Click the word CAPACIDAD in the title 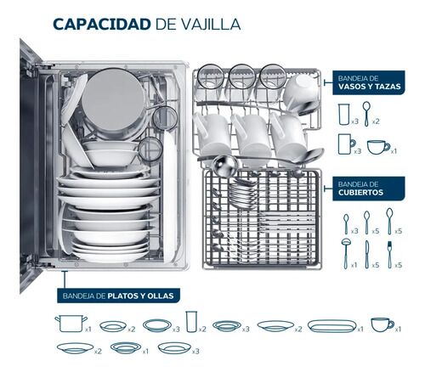(102, 24)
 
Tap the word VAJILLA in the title (211, 25)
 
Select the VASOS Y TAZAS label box (369, 82)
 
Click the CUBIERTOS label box (369, 189)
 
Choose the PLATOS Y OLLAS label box (118, 296)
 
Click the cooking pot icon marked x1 (71, 324)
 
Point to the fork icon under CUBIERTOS (390, 254)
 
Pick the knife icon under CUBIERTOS (367, 254)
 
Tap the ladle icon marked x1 (346, 253)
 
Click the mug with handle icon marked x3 (347, 144)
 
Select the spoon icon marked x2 (366, 114)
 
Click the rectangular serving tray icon (331, 326)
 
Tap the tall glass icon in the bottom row (191, 322)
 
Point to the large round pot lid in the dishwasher (113, 100)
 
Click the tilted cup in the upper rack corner (301, 93)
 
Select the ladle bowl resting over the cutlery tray (225, 165)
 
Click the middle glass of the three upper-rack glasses (241, 76)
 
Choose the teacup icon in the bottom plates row (382, 324)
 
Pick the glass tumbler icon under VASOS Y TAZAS (344, 114)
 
